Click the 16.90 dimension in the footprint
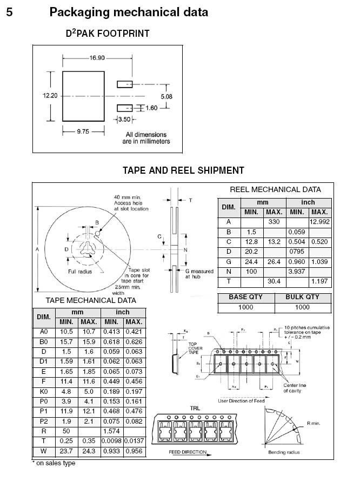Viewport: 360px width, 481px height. pyautogui.click(x=97, y=58)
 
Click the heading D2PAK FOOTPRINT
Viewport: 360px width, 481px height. pyautogui.click(x=108, y=34)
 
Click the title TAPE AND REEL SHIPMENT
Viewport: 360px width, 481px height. pyautogui.click(x=183, y=170)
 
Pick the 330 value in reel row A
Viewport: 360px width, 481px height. pyautogui.click(x=274, y=222)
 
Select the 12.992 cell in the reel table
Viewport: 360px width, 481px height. pyautogui.click(x=319, y=222)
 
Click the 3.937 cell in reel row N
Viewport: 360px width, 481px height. pyautogui.click(x=297, y=271)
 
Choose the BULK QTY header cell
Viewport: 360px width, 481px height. pyautogui.click(x=302, y=297)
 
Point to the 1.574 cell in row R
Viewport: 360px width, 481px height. pyautogui.click(x=112, y=431)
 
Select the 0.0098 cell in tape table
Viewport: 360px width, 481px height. pyautogui.click(x=112, y=441)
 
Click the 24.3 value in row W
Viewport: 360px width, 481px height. pyautogui.click(x=89, y=451)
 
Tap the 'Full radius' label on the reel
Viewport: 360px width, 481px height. pyautogui.click(x=79, y=272)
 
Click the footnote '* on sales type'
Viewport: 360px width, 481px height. pyautogui.click(x=54, y=463)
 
